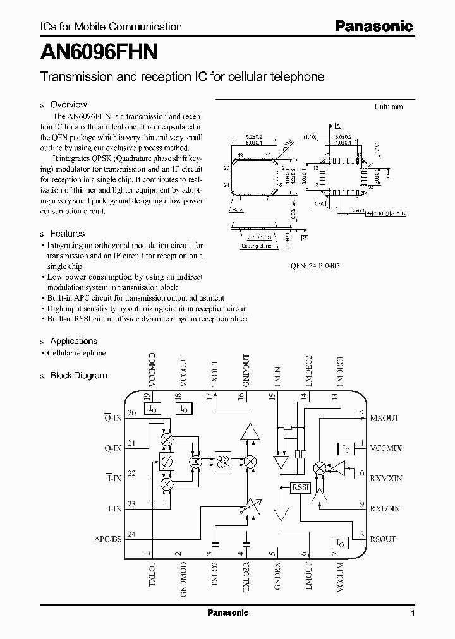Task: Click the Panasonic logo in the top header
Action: [373, 27]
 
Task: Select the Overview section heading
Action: [68, 104]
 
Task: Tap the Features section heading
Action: [67, 233]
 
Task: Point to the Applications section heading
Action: [73, 341]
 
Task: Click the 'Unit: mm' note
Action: [389, 107]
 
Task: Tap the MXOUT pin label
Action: [384, 417]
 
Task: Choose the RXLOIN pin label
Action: [385, 508]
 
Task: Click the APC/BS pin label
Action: [107, 539]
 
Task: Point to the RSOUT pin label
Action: [383, 539]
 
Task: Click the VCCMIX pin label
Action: [385, 448]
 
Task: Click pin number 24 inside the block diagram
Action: [131, 534]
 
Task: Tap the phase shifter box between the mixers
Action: [167, 462]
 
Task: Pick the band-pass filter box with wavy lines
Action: [223, 461]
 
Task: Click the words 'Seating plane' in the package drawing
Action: [256, 246]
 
